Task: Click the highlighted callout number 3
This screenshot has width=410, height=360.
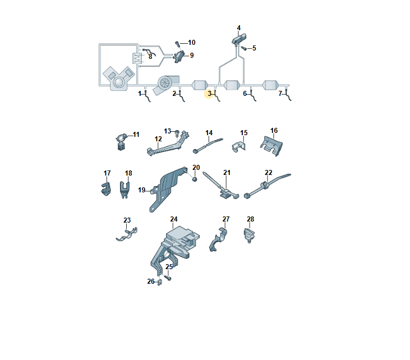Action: pyautogui.click(x=209, y=93)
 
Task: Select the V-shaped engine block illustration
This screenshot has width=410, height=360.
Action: pyautogui.click(x=119, y=79)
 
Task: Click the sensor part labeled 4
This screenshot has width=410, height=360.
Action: pyautogui.click(x=239, y=39)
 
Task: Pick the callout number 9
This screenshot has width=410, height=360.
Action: pyautogui.click(x=192, y=56)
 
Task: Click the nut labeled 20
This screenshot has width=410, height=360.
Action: pyautogui.click(x=195, y=179)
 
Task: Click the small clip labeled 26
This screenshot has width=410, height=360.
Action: pyautogui.click(x=160, y=282)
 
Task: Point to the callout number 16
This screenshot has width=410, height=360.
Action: pyautogui.click(x=274, y=131)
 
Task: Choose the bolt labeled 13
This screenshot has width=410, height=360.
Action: pyautogui.click(x=177, y=133)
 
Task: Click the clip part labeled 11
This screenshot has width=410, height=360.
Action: pyautogui.click(x=121, y=142)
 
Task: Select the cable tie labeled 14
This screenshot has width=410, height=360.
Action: pyautogui.click(x=208, y=145)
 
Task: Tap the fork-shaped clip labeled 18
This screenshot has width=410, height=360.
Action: pyautogui.click(x=125, y=190)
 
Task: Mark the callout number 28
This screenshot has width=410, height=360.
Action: pyautogui.click(x=250, y=219)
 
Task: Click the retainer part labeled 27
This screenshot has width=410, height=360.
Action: pyautogui.click(x=218, y=239)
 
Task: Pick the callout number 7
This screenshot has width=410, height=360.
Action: pyautogui.click(x=280, y=93)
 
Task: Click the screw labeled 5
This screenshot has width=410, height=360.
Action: pyautogui.click(x=243, y=48)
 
